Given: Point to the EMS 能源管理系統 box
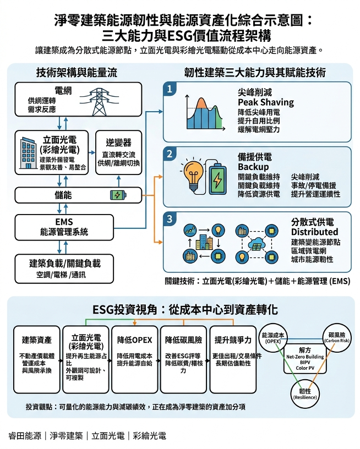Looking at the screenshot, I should point(64,227).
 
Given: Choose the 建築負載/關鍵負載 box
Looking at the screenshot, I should point(64,267).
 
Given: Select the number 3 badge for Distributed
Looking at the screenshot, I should point(170,219).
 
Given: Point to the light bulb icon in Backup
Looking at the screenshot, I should point(192,176).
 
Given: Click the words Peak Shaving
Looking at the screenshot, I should point(265,102).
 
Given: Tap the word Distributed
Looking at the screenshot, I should point(314,232).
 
